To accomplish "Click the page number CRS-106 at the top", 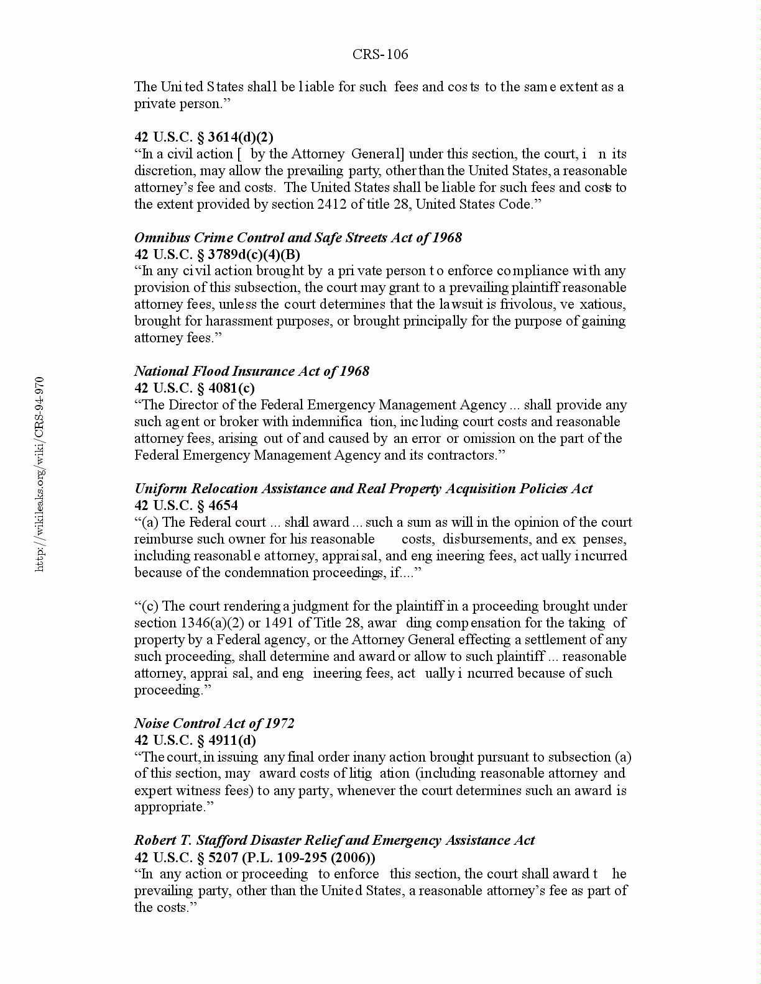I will (x=380, y=55).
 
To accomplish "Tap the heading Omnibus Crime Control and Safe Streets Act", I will (x=298, y=237).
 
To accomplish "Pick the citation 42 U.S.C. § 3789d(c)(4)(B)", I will (x=217, y=254).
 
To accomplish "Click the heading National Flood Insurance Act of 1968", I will (x=252, y=371).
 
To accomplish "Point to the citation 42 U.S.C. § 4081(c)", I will (x=195, y=388).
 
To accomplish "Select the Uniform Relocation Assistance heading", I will (x=363, y=488).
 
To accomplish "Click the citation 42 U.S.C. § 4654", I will (x=186, y=505).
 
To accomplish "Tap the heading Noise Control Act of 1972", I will (x=214, y=723).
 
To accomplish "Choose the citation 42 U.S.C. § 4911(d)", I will (x=195, y=740).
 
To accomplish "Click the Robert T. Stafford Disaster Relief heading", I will (x=334, y=840).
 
